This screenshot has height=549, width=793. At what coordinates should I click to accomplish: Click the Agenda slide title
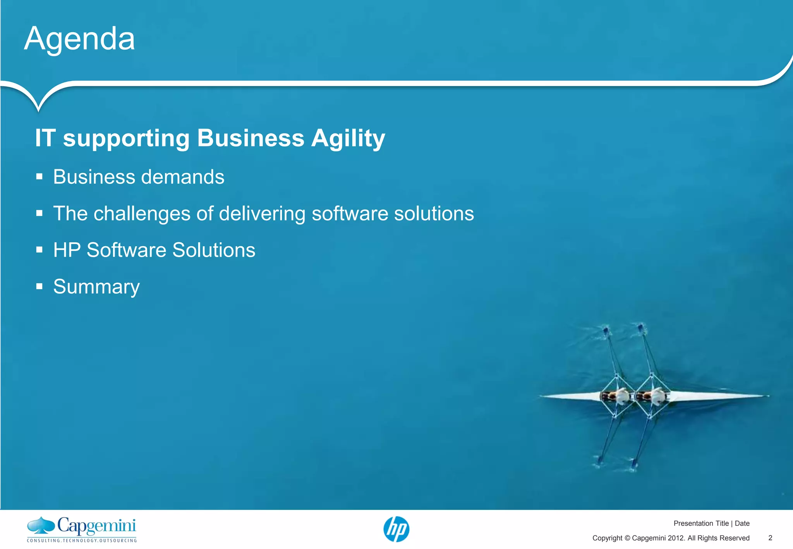(x=79, y=39)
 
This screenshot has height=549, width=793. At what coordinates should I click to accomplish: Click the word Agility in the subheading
(x=348, y=138)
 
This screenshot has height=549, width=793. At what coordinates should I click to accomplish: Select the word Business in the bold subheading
(x=251, y=138)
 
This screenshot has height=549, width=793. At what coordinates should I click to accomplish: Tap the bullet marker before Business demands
(x=39, y=177)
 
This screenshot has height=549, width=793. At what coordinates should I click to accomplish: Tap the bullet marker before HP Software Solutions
(x=39, y=250)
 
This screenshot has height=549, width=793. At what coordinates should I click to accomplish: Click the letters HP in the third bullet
(x=67, y=250)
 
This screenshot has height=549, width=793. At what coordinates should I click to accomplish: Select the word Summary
(x=96, y=287)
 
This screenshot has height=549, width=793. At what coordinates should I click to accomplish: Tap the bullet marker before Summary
(x=39, y=287)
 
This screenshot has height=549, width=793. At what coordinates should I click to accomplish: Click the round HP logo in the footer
(x=396, y=529)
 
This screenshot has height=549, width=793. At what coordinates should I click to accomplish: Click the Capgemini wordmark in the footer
(x=97, y=526)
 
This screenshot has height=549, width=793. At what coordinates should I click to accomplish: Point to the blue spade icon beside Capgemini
(x=41, y=525)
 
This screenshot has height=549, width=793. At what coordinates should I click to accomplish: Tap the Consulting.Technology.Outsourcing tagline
(x=82, y=540)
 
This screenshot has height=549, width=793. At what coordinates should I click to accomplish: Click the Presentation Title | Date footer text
(x=711, y=523)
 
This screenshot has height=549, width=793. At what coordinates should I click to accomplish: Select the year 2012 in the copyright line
(x=676, y=538)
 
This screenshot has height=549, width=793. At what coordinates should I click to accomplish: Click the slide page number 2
(x=770, y=538)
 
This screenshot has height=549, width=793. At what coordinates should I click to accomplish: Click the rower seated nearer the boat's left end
(x=620, y=396)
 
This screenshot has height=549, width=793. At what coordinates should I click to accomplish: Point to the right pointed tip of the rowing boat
(x=767, y=396)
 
